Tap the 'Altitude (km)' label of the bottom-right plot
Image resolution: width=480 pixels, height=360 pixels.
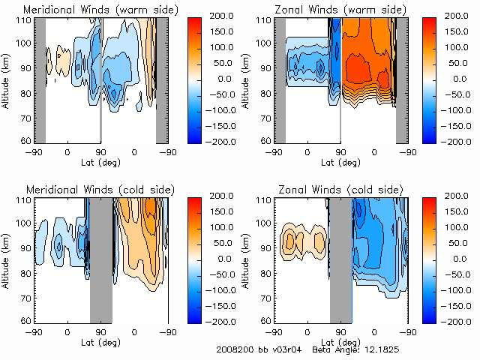click(247, 259)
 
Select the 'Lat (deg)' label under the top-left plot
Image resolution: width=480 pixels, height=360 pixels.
click(100, 162)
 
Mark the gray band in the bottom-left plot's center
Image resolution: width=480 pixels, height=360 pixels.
click(100, 259)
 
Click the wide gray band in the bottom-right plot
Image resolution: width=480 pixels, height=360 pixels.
click(341, 259)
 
